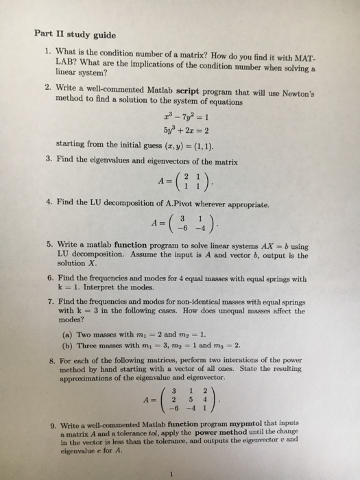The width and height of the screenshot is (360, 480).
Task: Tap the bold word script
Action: (189, 92)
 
